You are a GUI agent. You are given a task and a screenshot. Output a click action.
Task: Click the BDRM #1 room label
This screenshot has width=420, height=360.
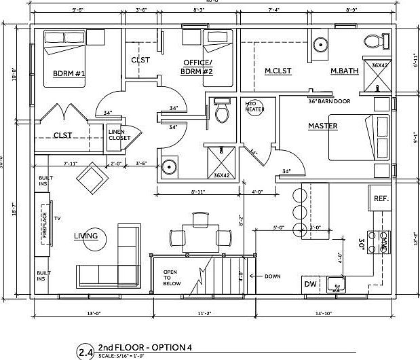(68, 73)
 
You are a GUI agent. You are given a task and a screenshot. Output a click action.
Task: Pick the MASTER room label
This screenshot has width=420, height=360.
(323, 126)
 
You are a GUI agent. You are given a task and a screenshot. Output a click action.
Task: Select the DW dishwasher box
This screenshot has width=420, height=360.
(310, 285)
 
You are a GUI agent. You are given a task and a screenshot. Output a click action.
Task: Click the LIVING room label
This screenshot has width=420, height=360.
(86, 236)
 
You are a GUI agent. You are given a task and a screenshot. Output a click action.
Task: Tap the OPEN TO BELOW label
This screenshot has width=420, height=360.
(170, 278)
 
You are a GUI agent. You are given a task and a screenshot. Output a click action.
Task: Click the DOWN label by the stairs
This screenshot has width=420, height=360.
(272, 276)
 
